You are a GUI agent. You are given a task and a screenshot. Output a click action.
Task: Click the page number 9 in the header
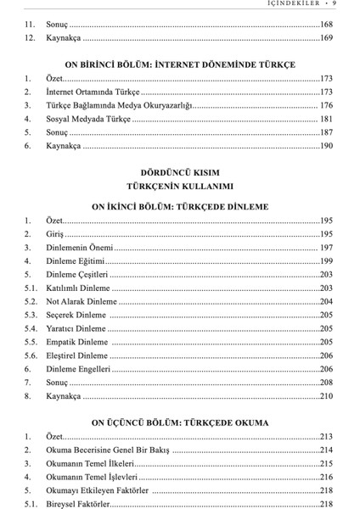click(x=336, y=4)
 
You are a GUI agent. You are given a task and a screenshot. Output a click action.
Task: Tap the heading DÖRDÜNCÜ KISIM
click(x=180, y=171)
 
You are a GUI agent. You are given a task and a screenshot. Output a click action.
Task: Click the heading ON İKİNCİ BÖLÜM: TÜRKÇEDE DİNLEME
click(x=180, y=206)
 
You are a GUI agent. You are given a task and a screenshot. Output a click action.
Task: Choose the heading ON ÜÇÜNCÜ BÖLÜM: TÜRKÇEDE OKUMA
click(x=180, y=422)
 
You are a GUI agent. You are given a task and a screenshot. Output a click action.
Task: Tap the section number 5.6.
click(x=31, y=355)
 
